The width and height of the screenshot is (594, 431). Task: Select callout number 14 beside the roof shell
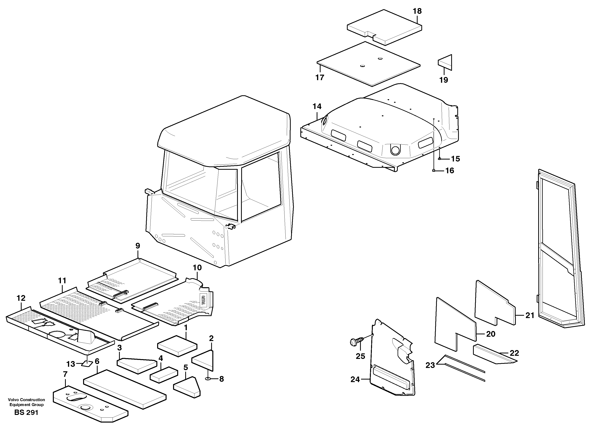coord(317,107)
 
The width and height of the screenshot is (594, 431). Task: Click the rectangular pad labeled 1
coord(177,346)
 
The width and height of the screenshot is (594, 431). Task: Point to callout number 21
coord(530,315)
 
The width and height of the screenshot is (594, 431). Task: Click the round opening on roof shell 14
coord(395,150)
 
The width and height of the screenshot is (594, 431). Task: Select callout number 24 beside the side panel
coord(355,379)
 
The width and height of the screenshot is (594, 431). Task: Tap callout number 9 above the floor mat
coord(138,246)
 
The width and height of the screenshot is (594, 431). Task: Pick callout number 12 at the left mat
coord(21,298)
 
